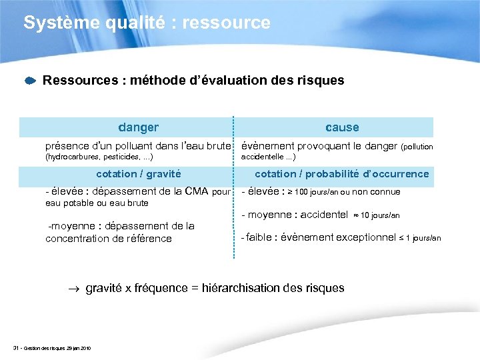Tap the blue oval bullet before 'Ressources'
pos(30,81)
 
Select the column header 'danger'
pos(138,127)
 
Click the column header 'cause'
pos(342,127)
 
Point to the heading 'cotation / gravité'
pos(139,174)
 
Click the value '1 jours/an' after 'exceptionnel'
pos(423,238)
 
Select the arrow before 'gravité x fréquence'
pos(75,289)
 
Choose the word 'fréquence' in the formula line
pos(159,288)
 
